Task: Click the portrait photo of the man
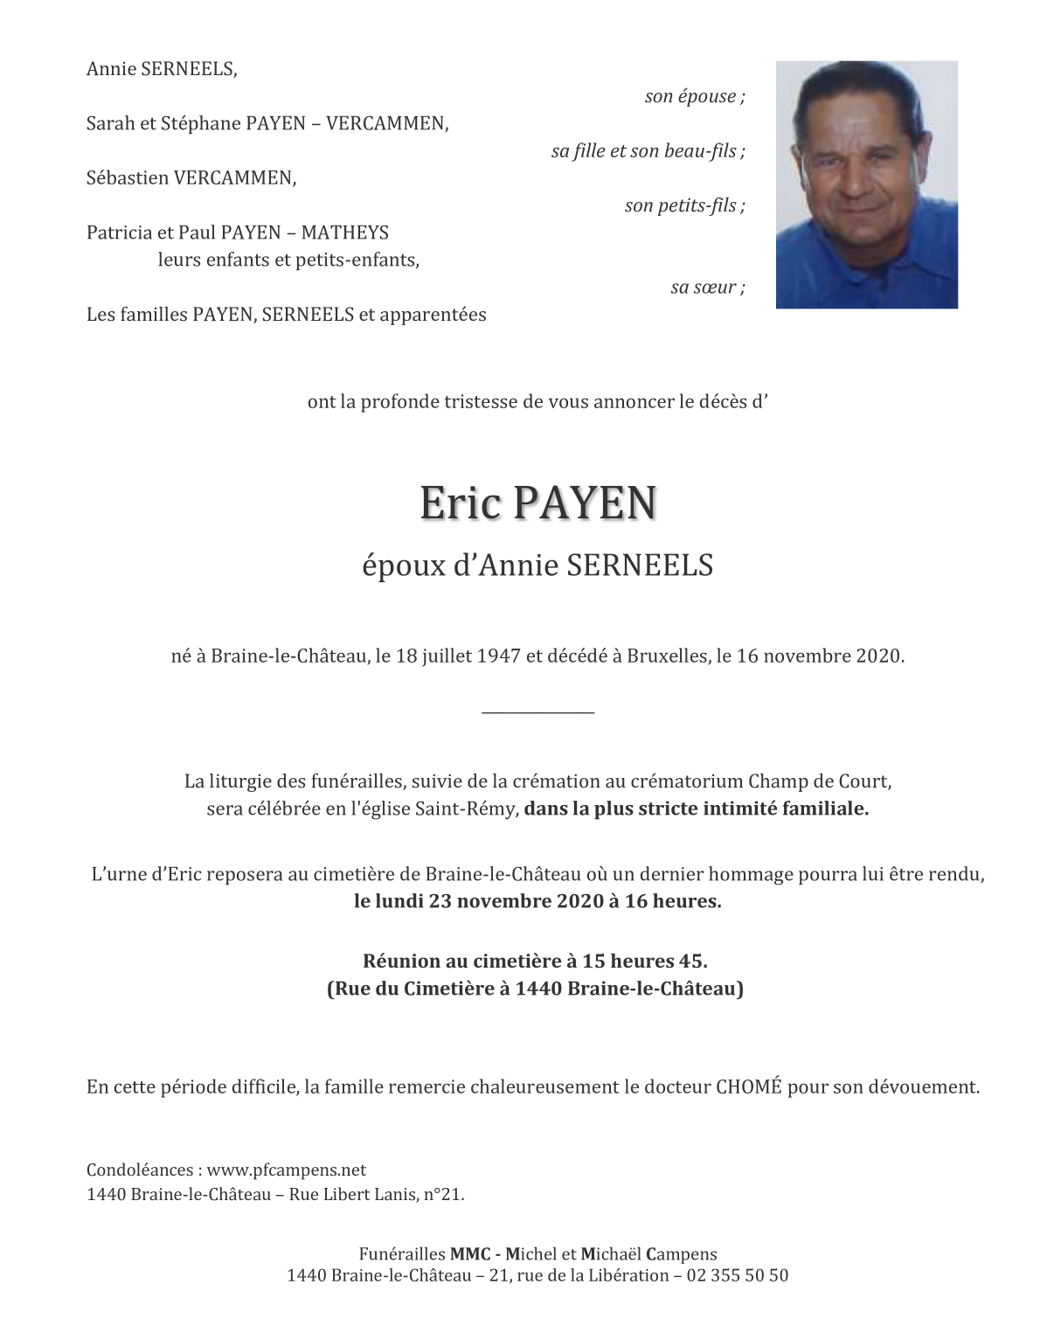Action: tap(866, 184)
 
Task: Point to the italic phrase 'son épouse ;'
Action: tap(695, 96)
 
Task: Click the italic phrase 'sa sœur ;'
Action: tap(708, 288)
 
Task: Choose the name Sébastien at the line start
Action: tap(128, 178)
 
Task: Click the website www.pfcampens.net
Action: tap(287, 1170)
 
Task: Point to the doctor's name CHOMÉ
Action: tap(749, 1087)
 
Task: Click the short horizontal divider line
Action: tap(537, 712)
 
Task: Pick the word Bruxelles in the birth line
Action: tap(667, 656)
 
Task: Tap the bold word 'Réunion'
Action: tap(401, 961)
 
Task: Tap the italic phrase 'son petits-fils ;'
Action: tap(684, 206)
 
